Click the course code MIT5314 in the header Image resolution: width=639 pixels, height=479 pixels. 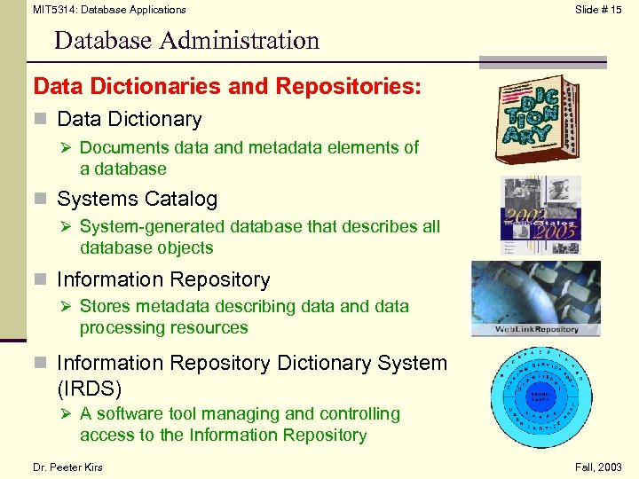pos(54,10)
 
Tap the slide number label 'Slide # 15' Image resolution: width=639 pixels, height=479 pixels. pos(598,10)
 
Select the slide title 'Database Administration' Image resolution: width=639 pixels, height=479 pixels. pos(185,41)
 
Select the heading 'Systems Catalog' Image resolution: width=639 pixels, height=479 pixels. pos(137,199)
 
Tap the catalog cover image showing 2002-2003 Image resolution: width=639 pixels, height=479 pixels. pos(540,214)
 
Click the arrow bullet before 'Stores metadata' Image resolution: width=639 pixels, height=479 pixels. pos(67,307)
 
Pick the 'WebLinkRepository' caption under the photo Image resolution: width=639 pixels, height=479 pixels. pos(536,329)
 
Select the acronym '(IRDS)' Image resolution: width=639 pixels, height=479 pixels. pos(89,389)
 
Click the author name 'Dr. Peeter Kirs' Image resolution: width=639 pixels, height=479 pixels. pos(68,467)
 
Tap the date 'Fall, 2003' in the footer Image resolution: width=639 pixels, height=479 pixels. pos(598,467)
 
